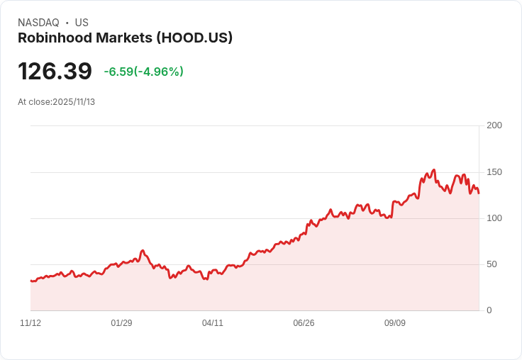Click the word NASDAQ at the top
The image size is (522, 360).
tap(38, 23)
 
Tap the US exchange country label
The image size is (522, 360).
tap(82, 23)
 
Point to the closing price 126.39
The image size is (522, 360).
tap(55, 72)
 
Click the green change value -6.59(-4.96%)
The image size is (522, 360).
tap(143, 72)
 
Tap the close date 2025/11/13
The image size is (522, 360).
tap(74, 102)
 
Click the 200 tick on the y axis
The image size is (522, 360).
tap(494, 125)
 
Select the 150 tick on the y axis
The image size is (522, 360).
tap(494, 171)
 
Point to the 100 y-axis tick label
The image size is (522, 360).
tap(494, 218)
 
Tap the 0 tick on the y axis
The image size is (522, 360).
tap(489, 310)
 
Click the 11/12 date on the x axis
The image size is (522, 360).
tap(30, 323)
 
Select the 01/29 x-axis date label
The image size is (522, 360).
tap(121, 323)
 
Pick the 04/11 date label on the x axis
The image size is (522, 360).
tap(213, 323)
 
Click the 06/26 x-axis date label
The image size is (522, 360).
tap(304, 323)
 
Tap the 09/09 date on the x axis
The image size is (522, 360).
tap(395, 323)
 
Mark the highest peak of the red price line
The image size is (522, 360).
tap(433, 170)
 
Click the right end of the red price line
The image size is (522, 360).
tap(479, 193)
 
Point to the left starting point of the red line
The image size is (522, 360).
tap(30, 281)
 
